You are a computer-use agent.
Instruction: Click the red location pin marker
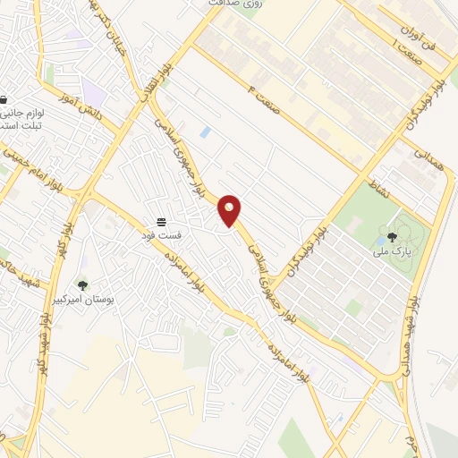(x=230, y=210)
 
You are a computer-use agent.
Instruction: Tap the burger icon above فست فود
(x=162, y=221)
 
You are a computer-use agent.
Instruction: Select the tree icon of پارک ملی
(x=392, y=237)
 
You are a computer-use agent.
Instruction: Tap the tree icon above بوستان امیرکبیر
(x=82, y=285)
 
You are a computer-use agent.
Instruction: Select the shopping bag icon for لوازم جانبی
(x=4, y=100)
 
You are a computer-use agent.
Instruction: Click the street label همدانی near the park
(x=426, y=159)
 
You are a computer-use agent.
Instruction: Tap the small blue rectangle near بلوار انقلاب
(x=206, y=131)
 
